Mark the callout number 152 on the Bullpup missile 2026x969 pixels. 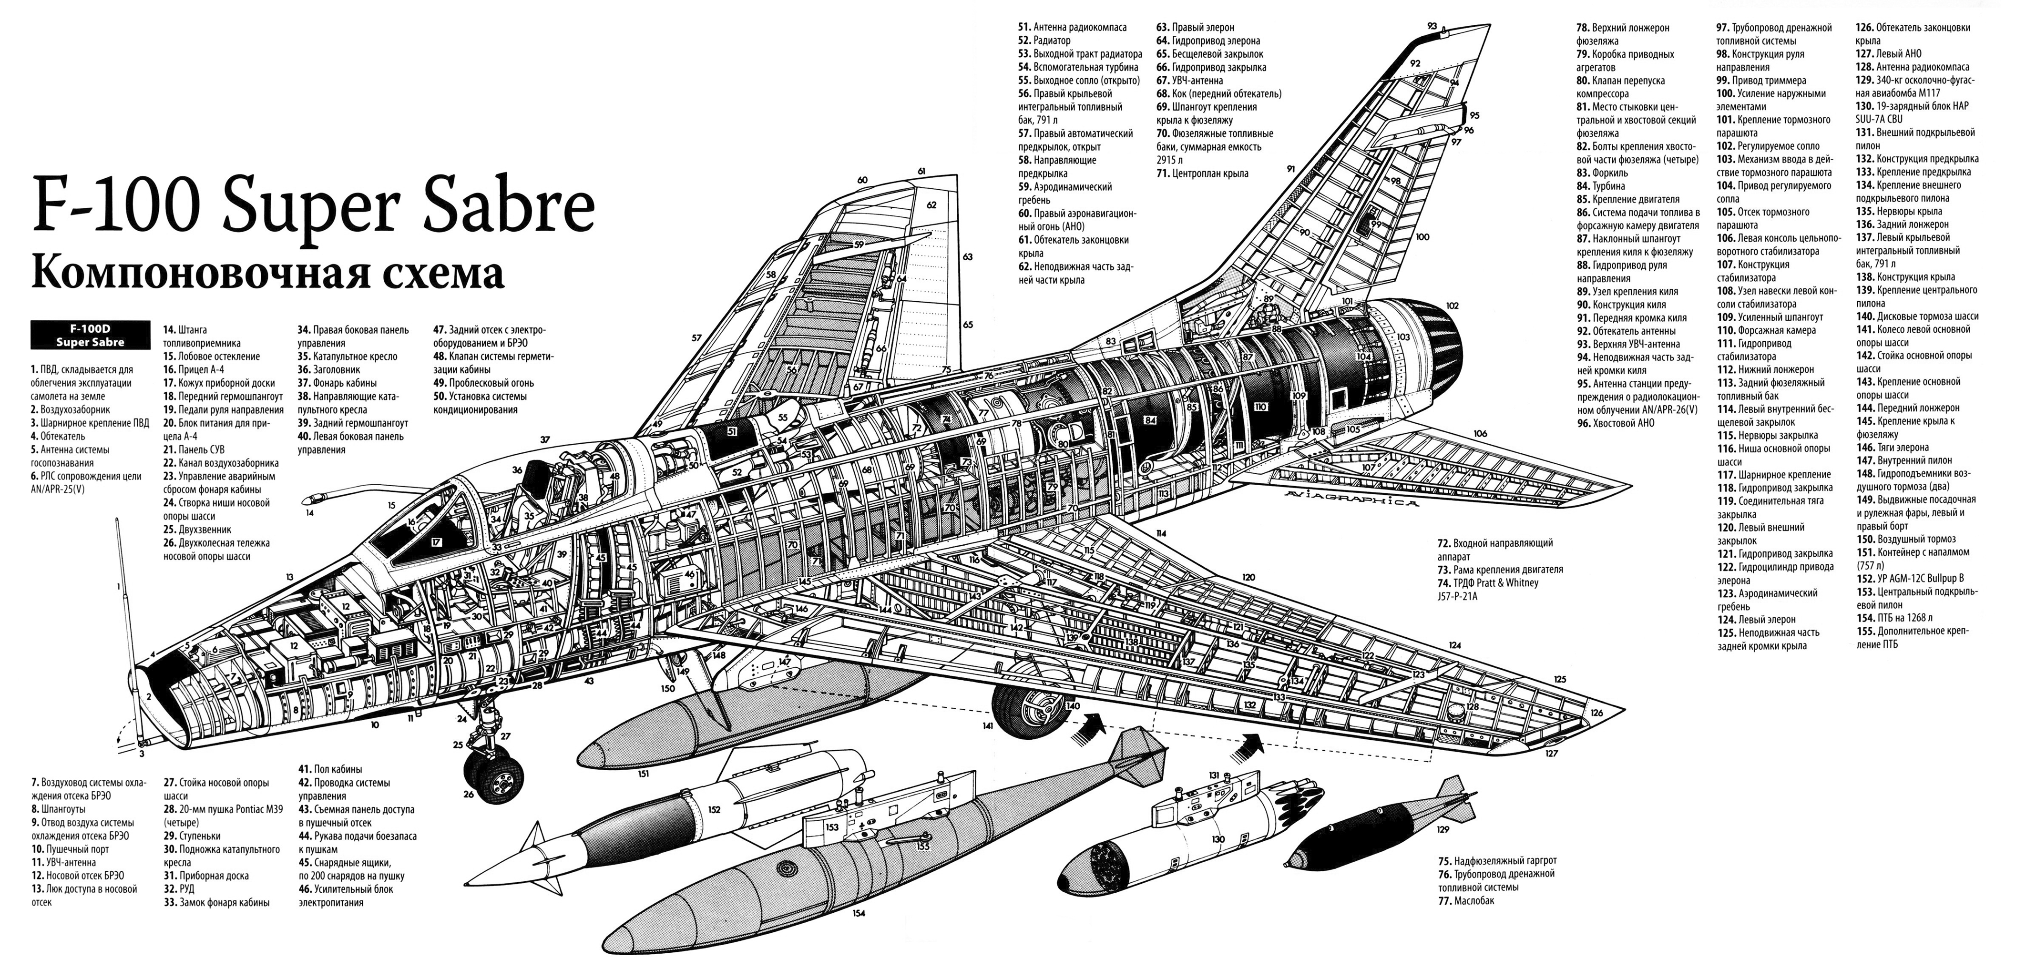coord(714,808)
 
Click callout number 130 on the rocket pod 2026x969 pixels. coord(1218,840)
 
